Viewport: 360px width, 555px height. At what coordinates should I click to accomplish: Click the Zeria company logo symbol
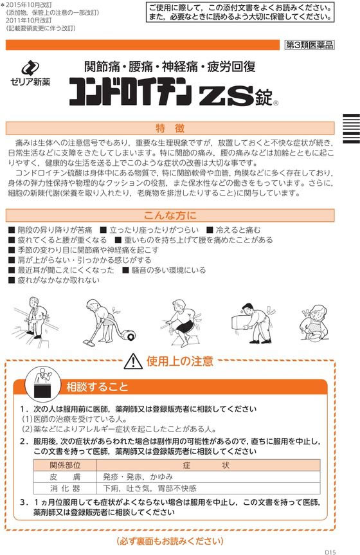(30, 68)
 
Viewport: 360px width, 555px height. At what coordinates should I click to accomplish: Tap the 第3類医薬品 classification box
(310, 45)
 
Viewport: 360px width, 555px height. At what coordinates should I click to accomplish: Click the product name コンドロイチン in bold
(130, 92)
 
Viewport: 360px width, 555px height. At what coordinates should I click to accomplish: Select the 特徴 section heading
(170, 128)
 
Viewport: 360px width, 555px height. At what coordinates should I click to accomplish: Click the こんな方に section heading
(170, 215)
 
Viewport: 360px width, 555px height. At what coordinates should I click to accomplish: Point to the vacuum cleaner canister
(128, 334)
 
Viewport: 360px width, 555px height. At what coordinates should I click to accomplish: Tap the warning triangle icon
(133, 361)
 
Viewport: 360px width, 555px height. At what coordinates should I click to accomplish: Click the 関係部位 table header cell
(65, 465)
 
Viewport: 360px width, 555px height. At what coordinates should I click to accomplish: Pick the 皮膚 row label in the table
(65, 477)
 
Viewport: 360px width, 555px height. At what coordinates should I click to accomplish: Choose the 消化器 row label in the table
(65, 488)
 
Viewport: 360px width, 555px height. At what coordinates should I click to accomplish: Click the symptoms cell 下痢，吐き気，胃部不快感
(149, 488)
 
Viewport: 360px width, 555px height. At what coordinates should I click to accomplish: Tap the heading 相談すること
(97, 387)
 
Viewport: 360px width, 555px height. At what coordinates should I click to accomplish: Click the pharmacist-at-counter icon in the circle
(42, 383)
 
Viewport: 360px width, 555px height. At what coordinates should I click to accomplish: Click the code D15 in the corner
(330, 551)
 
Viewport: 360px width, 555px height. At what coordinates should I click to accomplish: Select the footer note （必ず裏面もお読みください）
(170, 541)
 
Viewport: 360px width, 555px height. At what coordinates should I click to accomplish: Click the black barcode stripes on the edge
(351, 128)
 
